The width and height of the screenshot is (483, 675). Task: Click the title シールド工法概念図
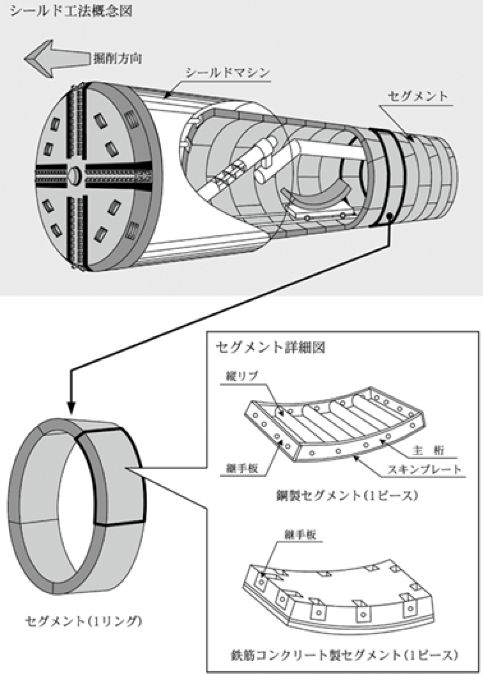coord(71,10)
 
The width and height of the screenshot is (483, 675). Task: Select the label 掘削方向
coord(117,58)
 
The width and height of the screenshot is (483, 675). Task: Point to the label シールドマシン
coord(227,73)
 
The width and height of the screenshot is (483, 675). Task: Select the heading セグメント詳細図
coord(270,347)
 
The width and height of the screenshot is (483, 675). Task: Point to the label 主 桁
coord(428,450)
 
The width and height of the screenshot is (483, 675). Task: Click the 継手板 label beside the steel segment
coord(242,468)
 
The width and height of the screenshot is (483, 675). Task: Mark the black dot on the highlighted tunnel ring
coord(389,217)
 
